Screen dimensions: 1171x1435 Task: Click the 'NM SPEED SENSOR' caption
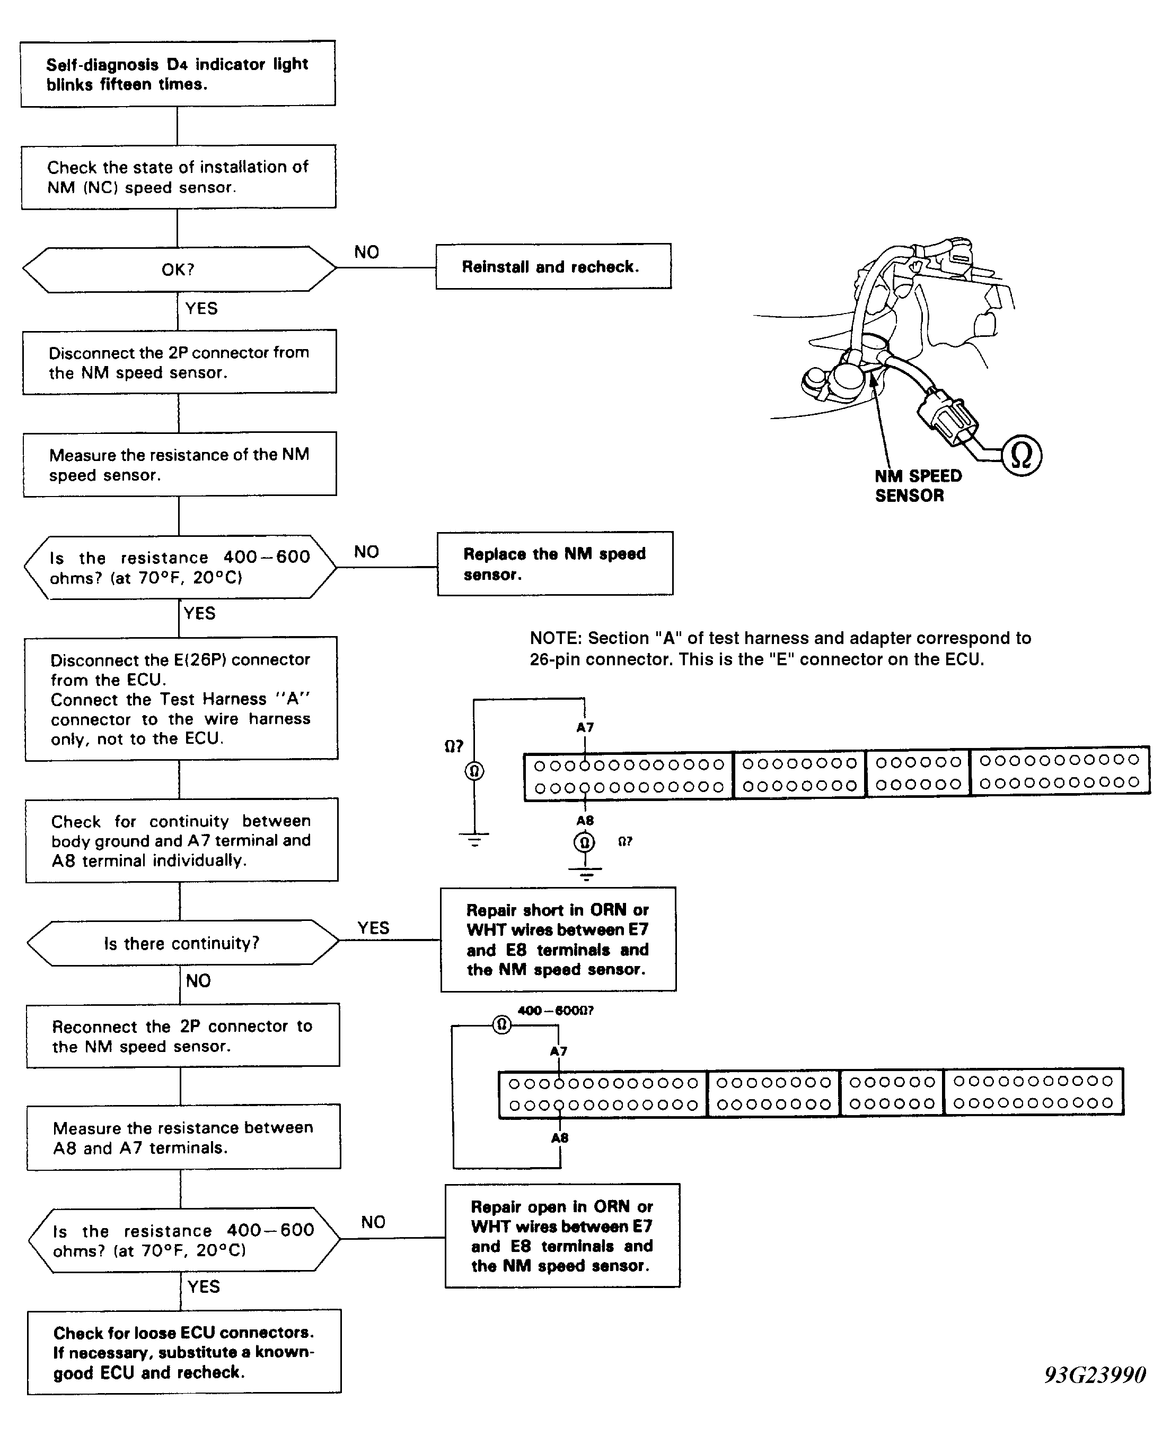click(x=918, y=485)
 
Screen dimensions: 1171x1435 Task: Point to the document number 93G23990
click(x=1095, y=1374)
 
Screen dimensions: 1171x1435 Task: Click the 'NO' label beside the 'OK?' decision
click(x=366, y=252)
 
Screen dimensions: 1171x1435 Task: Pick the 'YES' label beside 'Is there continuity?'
click(x=373, y=927)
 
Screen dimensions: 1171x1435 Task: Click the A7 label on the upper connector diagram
click(x=585, y=727)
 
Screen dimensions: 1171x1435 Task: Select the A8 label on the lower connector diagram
click(x=559, y=1137)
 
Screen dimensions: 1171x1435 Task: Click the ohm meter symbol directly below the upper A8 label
click(x=585, y=842)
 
